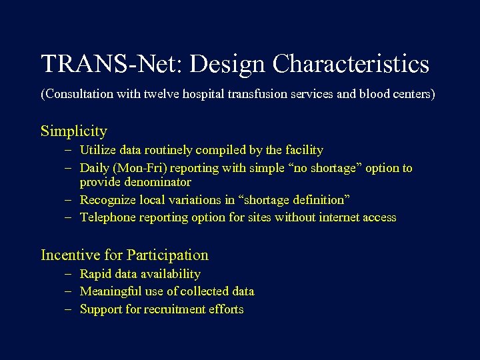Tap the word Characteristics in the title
[x=351, y=64]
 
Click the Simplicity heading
[x=73, y=131]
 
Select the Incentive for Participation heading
[x=125, y=255]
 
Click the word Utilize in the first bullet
[x=97, y=150]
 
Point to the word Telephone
[x=107, y=217]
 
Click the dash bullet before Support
[x=69, y=309]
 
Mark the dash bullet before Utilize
[x=69, y=150]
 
